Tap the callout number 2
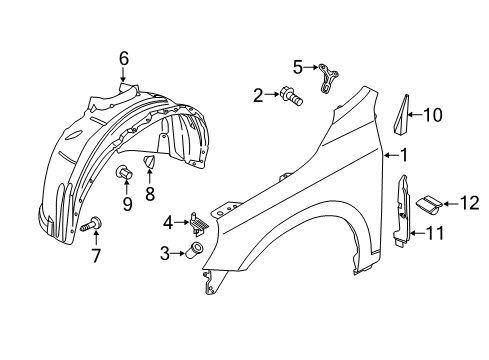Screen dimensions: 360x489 click(257, 96)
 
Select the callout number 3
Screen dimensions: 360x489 click(164, 254)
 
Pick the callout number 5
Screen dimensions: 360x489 click(297, 67)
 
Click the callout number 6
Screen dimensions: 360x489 click(124, 59)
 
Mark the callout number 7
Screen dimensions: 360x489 click(97, 254)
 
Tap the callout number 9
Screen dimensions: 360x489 click(127, 204)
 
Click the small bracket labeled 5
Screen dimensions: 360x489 click(327, 75)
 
